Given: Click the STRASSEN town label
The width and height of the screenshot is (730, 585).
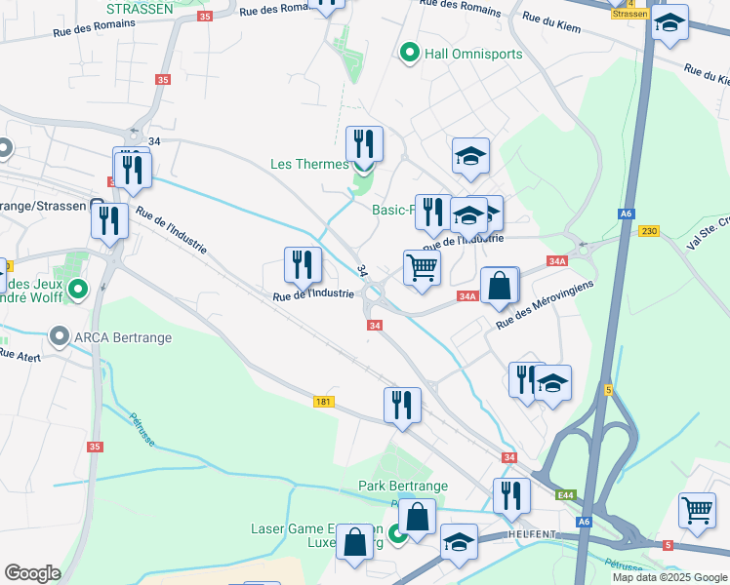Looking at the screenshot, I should click(139, 8).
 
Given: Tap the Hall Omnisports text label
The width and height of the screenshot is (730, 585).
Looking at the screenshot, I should click(473, 54).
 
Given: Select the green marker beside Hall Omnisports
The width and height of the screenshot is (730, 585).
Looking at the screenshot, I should click(410, 53).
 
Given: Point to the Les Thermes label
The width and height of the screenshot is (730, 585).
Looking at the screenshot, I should click(309, 164).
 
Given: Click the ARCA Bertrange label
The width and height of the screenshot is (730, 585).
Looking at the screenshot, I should click(123, 338).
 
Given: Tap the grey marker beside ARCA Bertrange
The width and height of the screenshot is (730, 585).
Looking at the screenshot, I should click(60, 338).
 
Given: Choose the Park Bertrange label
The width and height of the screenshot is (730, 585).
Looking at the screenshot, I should click(402, 486).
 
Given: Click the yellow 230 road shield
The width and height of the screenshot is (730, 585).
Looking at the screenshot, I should click(649, 231).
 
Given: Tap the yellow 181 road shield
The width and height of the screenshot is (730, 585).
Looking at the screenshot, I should click(324, 402).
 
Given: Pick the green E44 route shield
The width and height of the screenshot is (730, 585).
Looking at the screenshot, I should click(566, 495).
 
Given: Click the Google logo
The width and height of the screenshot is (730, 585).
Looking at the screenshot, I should click(32, 573).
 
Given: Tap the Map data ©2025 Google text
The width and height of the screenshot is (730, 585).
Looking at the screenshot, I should click(669, 577).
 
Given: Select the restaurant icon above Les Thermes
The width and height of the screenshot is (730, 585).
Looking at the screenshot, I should click(364, 143).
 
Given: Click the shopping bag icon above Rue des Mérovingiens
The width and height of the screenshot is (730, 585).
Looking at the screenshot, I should click(499, 286).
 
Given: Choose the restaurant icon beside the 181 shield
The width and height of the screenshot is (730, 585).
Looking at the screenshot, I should click(401, 404).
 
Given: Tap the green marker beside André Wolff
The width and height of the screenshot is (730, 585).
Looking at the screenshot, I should click(81, 289).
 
